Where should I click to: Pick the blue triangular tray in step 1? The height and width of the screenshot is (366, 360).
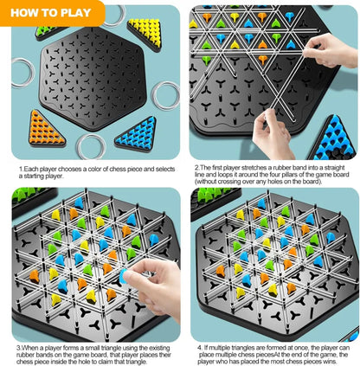pyautogui.click(x=136, y=133)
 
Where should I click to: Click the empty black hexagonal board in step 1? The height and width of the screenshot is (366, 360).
pyautogui.click(x=93, y=80)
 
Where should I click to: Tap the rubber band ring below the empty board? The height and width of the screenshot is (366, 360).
pyautogui.click(x=89, y=146)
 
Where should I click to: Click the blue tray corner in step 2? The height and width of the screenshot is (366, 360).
pyautogui.click(x=338, y=138)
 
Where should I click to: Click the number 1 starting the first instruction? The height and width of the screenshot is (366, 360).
pyautogui.click(x=20, y=170)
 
